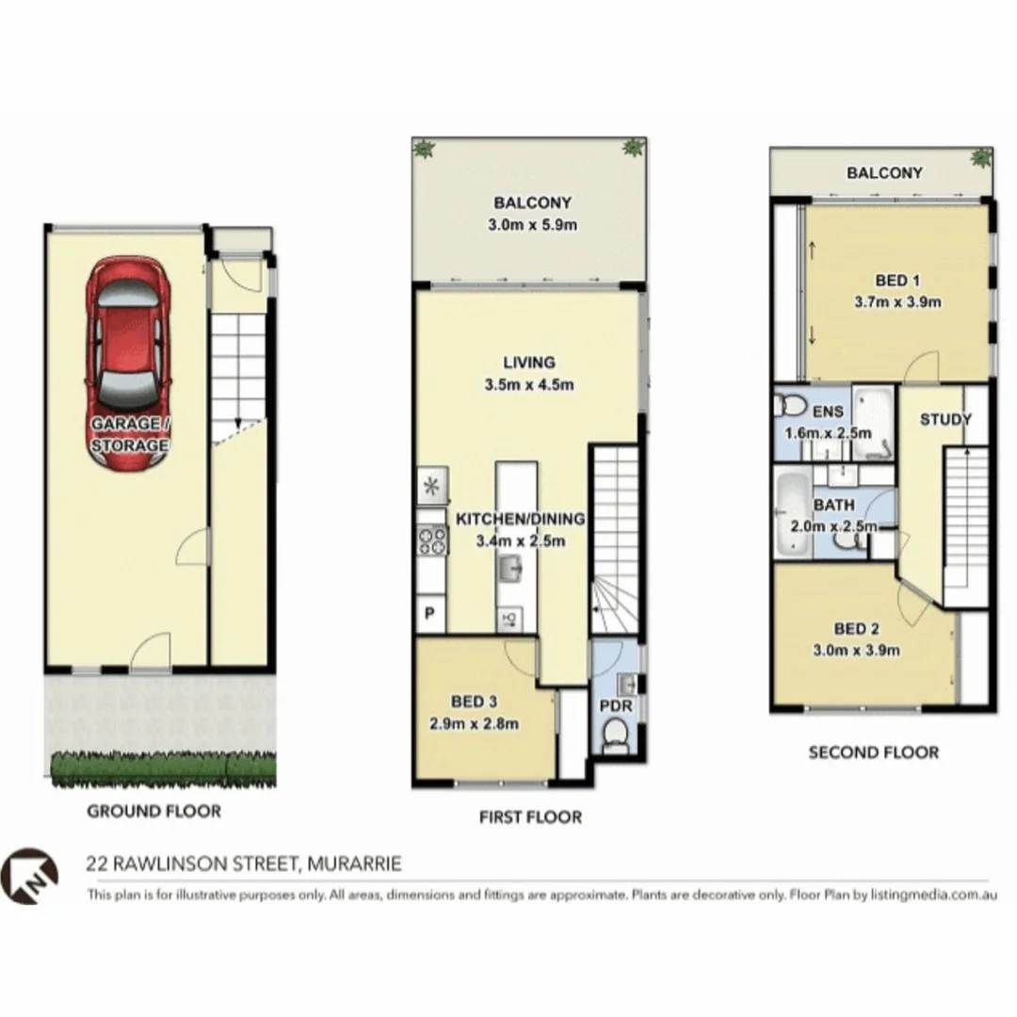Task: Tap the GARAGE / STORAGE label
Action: [x=129, y=434]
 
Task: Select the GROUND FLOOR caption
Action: [x=153, y=811]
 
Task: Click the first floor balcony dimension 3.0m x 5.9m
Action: [x=533, y=225]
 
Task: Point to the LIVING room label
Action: [x=528, y=362]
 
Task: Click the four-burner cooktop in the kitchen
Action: [x=431, y=539]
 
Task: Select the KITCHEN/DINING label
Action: [x=521, y=519]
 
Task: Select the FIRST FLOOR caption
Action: [x=530, y=816]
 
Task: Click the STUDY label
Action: [x=945, y=419]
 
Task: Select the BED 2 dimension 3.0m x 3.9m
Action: [x=855, y=650]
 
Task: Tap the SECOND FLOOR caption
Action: [x=874, y=752]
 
